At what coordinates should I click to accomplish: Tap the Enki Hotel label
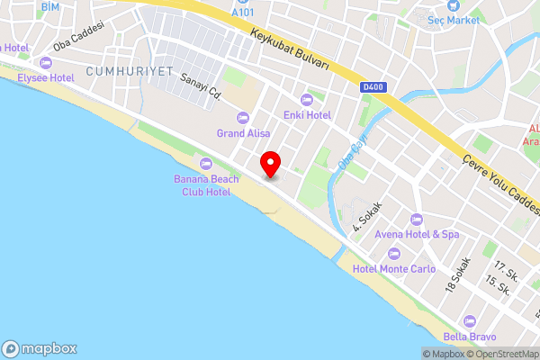tap(308, 115)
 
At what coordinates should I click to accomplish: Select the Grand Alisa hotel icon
tap(242, 118)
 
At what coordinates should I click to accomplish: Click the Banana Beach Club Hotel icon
tap(206, 163)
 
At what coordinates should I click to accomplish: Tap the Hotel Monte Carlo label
tap(394, 269)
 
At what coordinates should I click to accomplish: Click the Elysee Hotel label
tap(46, 78)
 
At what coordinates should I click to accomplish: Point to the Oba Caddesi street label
tap(79, 37)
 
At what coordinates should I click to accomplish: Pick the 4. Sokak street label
tap(367, 215)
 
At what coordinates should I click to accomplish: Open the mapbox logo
tap(40, 348)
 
